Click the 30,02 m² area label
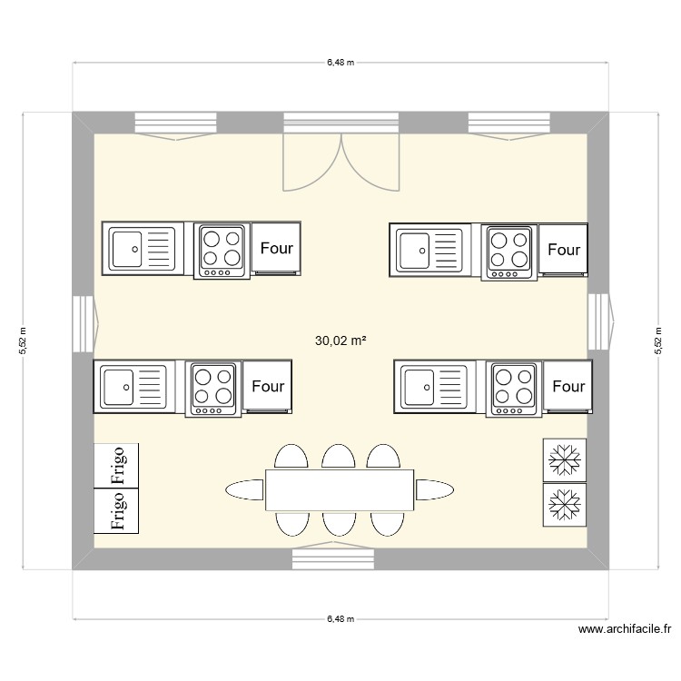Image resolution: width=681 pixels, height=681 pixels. pyautogui.click(x=340, y=341)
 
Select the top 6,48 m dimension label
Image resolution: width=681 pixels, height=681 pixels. pyautogui.click(x=340, y=63)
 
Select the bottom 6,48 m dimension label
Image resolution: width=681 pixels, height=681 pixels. pyautogui.click(x=340, y=619)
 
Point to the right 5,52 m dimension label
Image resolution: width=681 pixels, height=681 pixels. pyautogui.click(x=657, y=341)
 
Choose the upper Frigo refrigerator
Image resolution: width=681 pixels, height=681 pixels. pyautogui.click(x=117, y=465)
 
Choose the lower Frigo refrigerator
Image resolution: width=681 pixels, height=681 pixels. pyautogui.click(x=117, y=510)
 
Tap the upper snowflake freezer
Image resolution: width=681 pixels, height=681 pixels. pyautogui.click(x=565, y=459)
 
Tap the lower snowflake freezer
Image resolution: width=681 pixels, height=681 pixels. pyautogui.click(x=565, y=504)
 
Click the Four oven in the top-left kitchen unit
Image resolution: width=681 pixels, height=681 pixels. pyautogui.click(x=277, y=248)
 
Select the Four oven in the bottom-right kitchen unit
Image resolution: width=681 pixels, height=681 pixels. pyautogui.click(x=568, y=387)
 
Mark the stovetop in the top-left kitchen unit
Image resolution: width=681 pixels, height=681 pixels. pyautogui.click(x=222, y=250)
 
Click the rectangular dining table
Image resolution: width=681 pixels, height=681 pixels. pyautogui.click(x=340, y=490)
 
